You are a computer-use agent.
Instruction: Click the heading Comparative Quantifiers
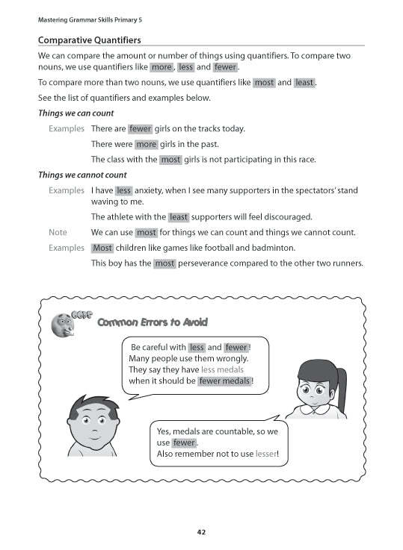point(90,40)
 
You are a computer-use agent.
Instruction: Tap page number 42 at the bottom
point(201,532)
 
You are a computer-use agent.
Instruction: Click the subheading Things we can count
point(73,113)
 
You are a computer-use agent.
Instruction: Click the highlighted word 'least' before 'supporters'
point(179,217)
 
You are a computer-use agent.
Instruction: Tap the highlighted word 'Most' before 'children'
point(102,248)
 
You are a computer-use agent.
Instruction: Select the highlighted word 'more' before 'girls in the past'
point(147,144)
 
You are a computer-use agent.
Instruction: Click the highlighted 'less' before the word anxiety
point(124,190)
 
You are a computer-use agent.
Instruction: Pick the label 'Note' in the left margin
point(58,233)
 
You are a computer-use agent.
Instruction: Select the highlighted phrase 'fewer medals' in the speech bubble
point(224,381)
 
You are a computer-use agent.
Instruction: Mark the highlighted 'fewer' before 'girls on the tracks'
point(140,129)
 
